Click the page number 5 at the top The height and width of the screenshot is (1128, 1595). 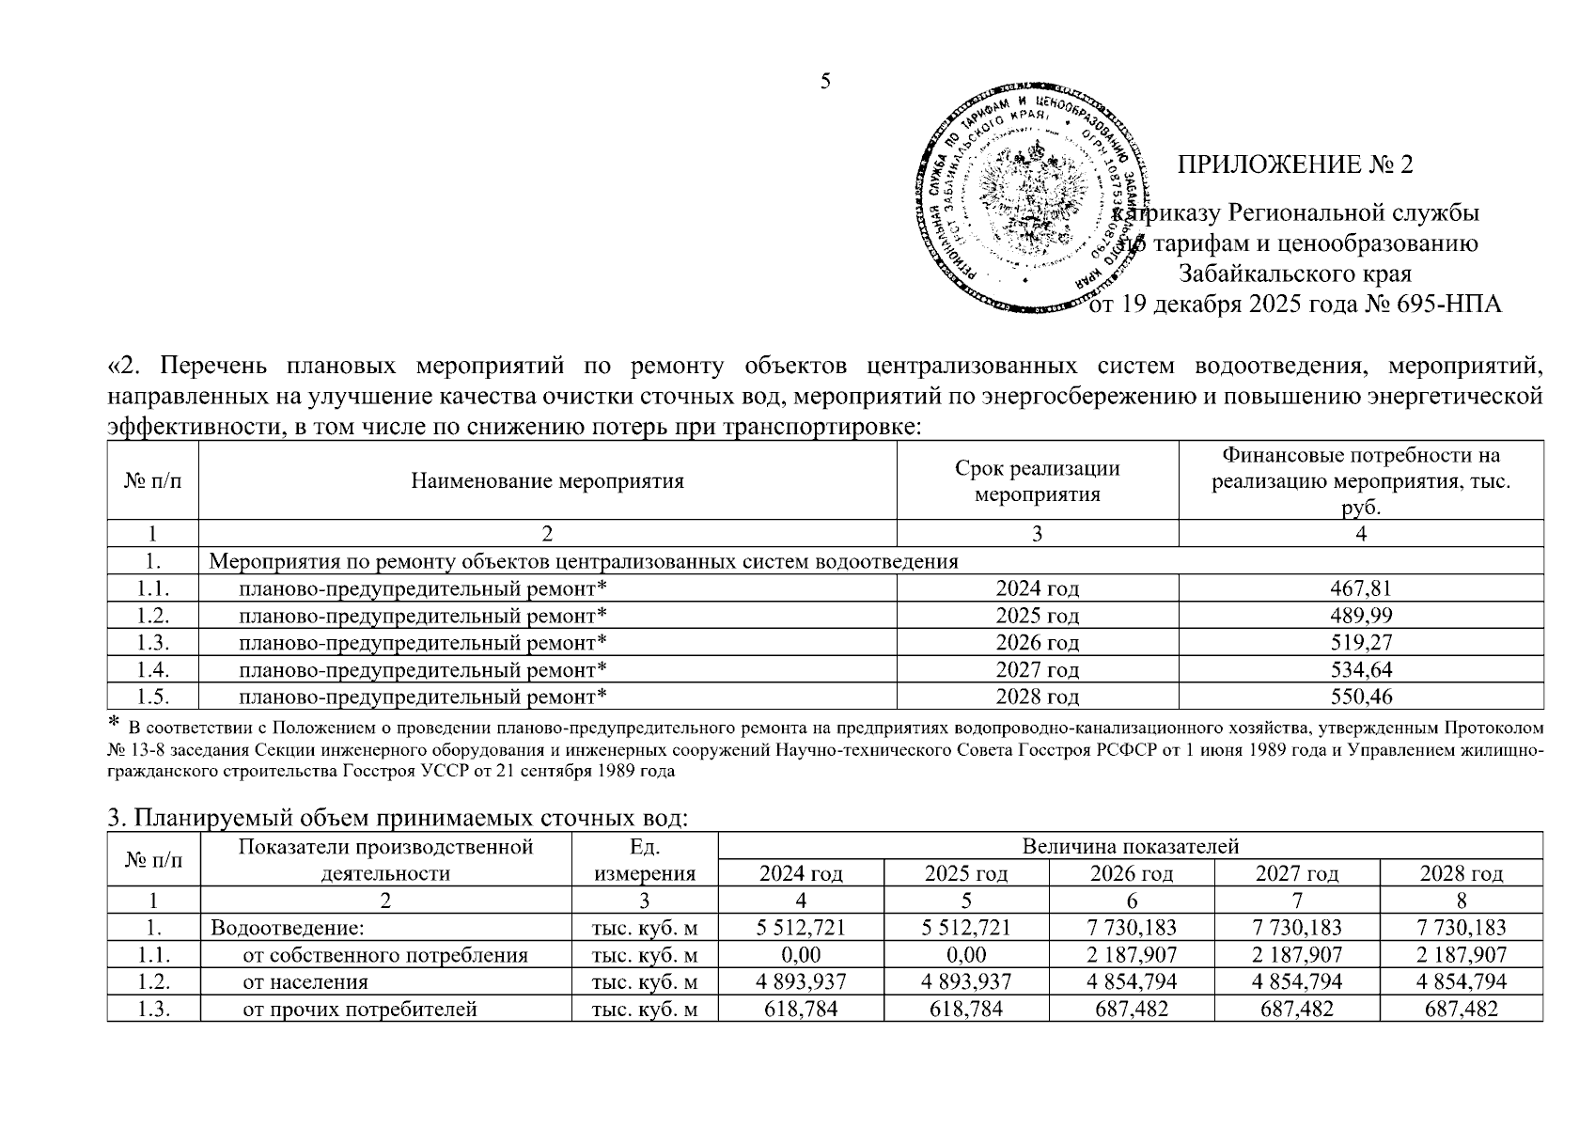825,81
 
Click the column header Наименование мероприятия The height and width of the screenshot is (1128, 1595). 547,481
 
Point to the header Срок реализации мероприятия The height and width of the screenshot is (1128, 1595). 1037,481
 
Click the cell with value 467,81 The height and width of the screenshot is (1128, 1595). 1360,589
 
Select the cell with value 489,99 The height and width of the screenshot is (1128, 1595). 1360,616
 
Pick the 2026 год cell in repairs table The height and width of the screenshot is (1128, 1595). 1037,643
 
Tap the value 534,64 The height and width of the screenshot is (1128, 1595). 1360,670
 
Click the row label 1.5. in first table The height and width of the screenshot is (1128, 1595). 152,697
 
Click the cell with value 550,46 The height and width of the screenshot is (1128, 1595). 1360,697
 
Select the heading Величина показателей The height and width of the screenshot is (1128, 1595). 1130,846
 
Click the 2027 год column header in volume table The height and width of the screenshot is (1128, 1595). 1296,873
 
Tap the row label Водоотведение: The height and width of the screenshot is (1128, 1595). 287,928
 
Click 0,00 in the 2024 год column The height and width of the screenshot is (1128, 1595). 801,955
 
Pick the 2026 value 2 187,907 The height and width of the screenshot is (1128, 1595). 1131,955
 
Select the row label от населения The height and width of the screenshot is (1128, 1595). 305,982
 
